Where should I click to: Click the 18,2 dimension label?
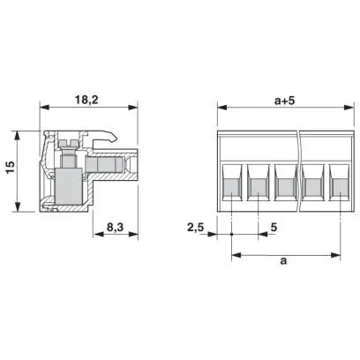point(86,100)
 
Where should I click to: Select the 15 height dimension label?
point(11,168)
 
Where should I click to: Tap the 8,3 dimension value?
point(115,228)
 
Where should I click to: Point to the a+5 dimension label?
point(284,101)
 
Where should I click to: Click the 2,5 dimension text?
point(196,228)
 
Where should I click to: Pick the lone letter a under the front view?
point(283,260)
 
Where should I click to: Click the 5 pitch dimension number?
point(274,228)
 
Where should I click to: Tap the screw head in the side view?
point(69,143)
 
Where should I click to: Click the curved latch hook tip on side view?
point(113,139)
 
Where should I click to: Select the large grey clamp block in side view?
point(68,186)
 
